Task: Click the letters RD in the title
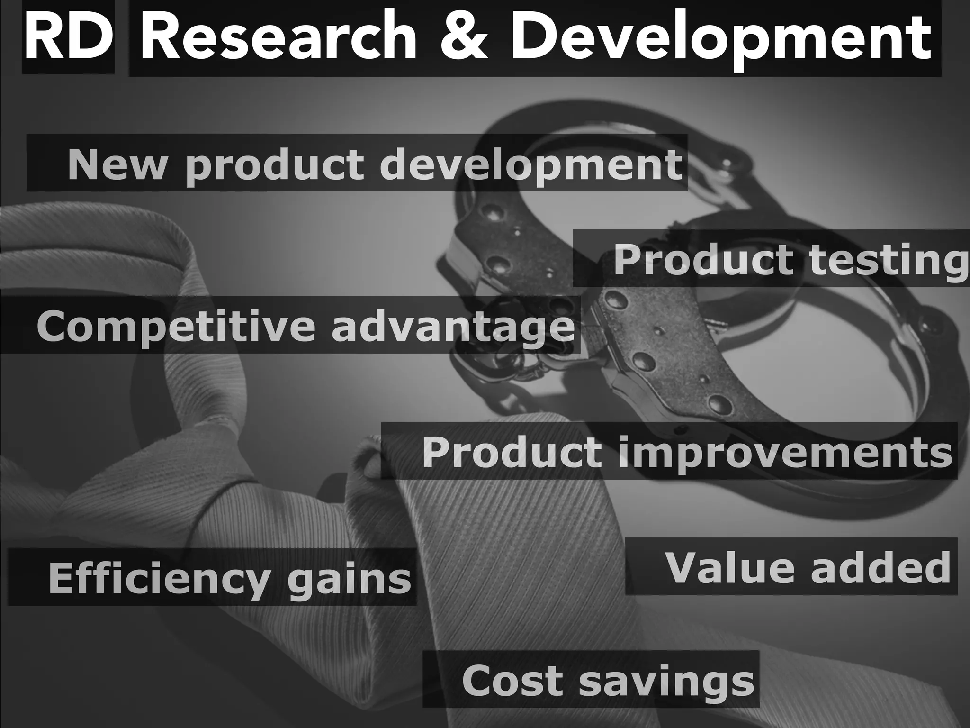point(68,38)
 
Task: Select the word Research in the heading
point(278,38)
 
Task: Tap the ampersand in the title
point(463,38)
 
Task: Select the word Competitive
point(176,326)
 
